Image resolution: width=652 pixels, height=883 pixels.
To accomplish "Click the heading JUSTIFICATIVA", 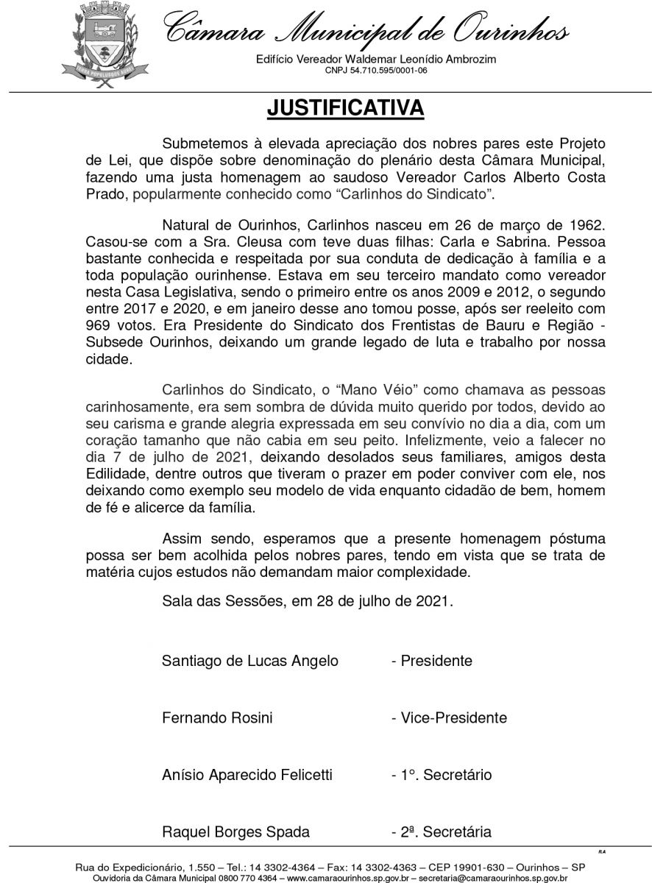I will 345,107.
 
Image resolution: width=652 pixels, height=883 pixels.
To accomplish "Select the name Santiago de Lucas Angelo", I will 250,661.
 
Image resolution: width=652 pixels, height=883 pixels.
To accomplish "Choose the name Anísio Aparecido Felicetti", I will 247,775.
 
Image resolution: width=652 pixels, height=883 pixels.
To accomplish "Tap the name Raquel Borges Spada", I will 235,832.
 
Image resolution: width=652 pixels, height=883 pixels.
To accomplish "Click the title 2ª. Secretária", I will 441,832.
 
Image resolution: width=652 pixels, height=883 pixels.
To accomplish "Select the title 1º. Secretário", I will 442,775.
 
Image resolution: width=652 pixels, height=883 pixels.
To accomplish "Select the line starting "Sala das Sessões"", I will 308,601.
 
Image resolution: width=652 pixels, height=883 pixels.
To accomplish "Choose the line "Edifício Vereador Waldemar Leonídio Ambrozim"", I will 376,59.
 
